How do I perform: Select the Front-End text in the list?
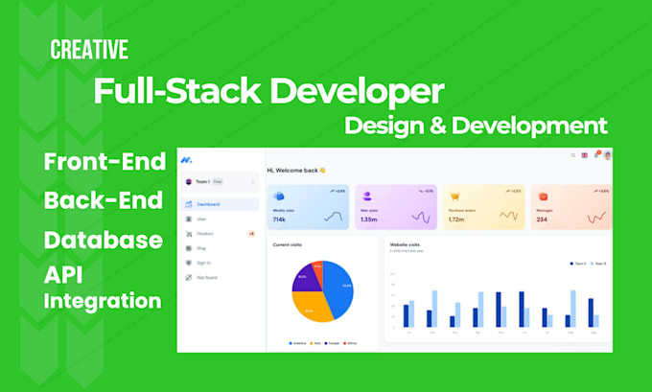[105, 162]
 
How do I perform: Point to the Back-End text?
[103, 201]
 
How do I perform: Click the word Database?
[103, 240]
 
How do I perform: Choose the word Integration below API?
[103, 301]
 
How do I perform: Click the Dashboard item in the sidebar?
[209, 204]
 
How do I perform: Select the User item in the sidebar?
[201, 219]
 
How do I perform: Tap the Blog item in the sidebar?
[201, 248]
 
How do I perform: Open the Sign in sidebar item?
[203, 263]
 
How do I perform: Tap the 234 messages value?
[542, 219]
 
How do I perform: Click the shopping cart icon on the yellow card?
[454, 196]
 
